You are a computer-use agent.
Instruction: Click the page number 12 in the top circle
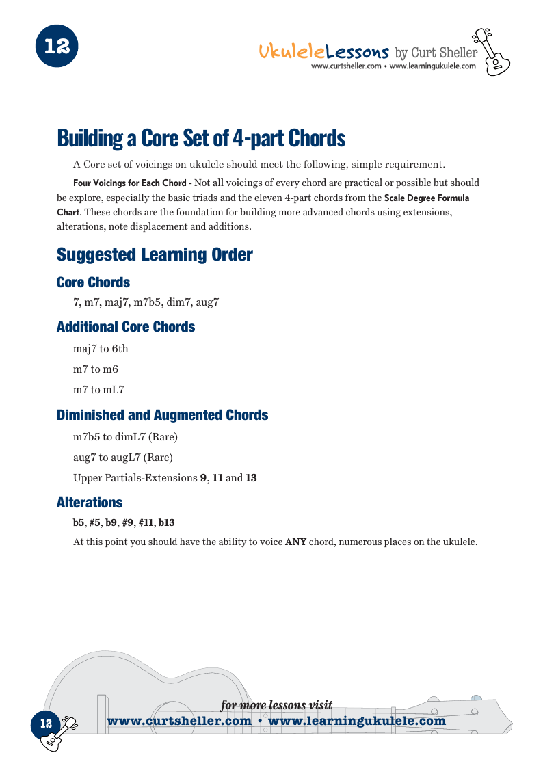[57, 47]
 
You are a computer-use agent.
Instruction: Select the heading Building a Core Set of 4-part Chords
[201, 138]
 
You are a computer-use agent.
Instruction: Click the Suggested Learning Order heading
[155, 255]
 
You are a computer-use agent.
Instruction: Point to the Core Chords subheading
[93, 282]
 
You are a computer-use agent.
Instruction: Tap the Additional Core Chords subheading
[126, 327]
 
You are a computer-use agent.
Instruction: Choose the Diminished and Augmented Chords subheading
[162, 415]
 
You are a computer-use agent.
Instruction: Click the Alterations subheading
[90, 503]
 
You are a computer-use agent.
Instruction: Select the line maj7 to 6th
[101, 349]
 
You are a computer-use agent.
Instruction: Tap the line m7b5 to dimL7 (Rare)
[125, 436]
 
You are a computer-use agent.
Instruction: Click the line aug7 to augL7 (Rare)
[123, 457]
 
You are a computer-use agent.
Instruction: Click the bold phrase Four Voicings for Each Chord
[131, 183]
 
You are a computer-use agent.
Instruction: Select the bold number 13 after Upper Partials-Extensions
[251, 478]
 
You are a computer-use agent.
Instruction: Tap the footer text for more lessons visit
[276, 705]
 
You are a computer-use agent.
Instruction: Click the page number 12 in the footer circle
[46, 724]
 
